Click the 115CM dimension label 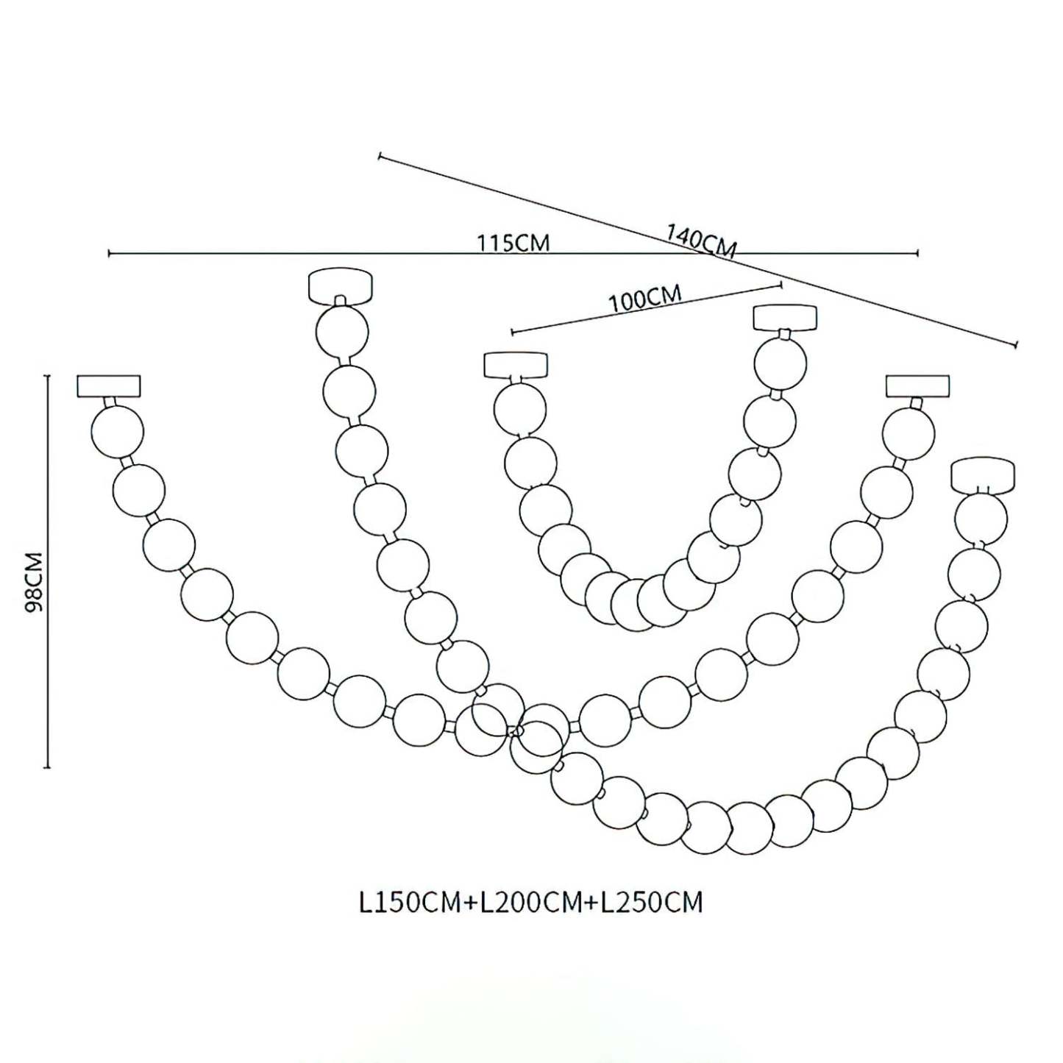[x=513, y=243]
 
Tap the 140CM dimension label [x=700, y=241]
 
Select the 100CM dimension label [x=644, y=299]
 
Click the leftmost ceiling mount [x=109, y=386]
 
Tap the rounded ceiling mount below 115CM [x=340, y=285]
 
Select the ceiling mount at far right [x=984, y=474]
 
